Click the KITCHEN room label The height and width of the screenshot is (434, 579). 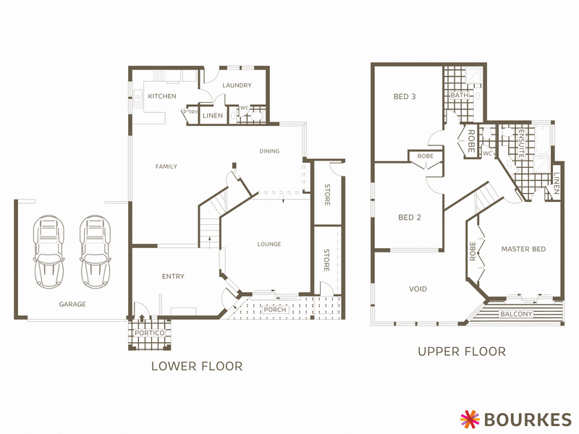[162, 96]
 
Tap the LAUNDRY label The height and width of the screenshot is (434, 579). [237, 85]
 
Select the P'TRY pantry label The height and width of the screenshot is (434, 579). [191, 112]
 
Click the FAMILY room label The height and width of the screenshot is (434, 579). [166, 167]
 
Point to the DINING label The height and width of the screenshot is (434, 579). [269, 151]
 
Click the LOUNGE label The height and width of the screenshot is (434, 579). [269, 244]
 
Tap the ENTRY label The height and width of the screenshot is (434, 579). [173, 276]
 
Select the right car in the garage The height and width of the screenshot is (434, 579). [94, 247]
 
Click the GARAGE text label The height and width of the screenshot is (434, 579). [72, 305]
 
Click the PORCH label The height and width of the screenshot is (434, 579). [275, 310]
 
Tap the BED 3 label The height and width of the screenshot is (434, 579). [405, 96]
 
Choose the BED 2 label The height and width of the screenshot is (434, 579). [410, 217]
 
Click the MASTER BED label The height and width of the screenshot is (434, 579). [523, 250]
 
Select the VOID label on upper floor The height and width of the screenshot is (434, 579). [418, 289]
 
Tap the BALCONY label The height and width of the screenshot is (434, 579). [516, 314]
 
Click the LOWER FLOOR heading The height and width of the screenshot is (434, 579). [196, 366]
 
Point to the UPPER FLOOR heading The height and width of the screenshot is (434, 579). [461, 352]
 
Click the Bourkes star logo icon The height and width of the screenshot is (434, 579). [470, 418]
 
